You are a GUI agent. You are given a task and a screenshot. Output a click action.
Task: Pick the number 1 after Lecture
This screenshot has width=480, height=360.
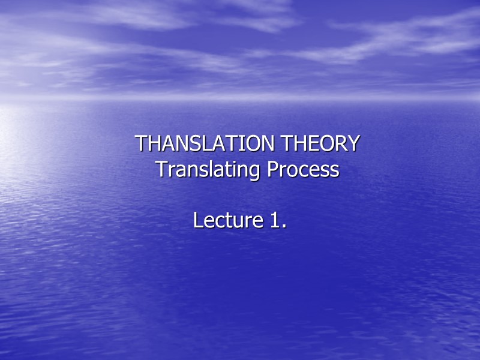pos(273,220)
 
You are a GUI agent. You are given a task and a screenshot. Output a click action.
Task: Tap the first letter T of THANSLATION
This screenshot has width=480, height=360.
pos(140,144)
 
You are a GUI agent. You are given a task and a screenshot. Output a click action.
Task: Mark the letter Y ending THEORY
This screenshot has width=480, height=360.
pos(354,144)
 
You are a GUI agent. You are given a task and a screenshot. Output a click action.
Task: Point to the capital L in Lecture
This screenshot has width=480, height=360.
pos(197,220)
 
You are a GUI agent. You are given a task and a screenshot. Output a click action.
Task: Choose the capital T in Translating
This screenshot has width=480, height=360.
pos(160,170)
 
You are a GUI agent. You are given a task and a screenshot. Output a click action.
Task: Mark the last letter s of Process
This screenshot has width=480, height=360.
pos(335,172)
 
